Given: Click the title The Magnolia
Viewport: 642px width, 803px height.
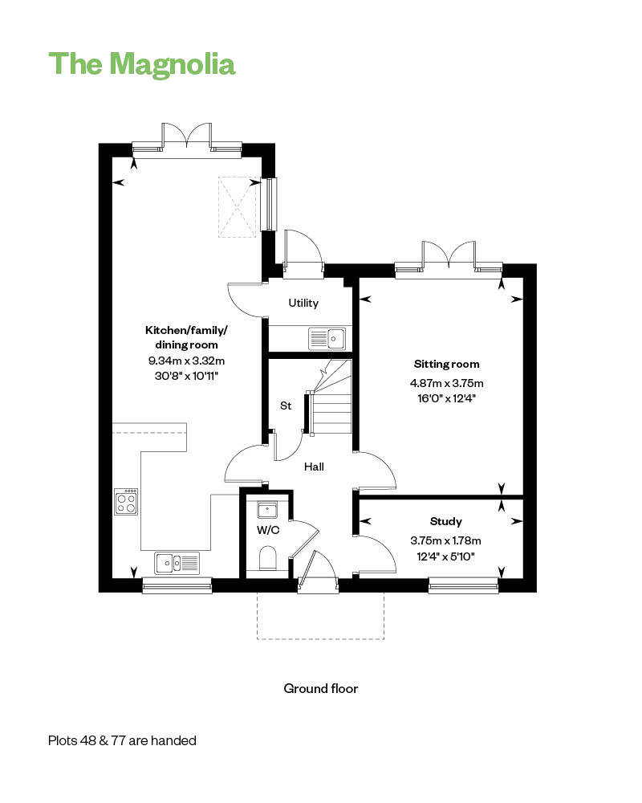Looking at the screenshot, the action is pos(142,64).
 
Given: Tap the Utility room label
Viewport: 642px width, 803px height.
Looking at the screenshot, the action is pos(303,304).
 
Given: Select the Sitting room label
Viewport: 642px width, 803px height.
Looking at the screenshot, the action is pos(446,364).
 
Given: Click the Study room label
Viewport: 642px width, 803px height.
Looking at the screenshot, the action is pos(446,521).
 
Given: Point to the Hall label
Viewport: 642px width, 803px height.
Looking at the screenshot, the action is pos(314,467).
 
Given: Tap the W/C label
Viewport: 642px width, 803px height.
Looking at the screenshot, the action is pos(268,530).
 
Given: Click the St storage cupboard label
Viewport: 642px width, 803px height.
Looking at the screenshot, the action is pos(286,406).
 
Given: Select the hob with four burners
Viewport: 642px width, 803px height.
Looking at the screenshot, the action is pos(126,501).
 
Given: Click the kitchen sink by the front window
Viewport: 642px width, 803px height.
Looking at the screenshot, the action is pos(177,563).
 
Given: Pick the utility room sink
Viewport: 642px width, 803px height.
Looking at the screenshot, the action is pos(327,339).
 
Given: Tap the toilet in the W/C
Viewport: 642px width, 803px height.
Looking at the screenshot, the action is pos(268,558).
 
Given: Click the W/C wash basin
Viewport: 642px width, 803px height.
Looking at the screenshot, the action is pos(267,510).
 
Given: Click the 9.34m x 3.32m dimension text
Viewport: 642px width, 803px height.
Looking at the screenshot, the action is pos(186,361).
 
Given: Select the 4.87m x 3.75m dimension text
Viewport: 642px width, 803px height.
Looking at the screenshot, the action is pos(446,383).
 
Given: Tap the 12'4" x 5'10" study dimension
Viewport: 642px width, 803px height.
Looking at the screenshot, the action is pos(445,556).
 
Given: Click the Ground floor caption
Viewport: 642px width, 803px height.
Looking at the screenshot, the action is pos(321,689).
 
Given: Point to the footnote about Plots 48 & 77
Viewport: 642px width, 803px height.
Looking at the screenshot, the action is pos(122,740).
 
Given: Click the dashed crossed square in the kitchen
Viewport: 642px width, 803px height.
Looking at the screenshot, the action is pos(237,207).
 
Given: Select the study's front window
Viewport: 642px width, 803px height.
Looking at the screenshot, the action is pos(463,585).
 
